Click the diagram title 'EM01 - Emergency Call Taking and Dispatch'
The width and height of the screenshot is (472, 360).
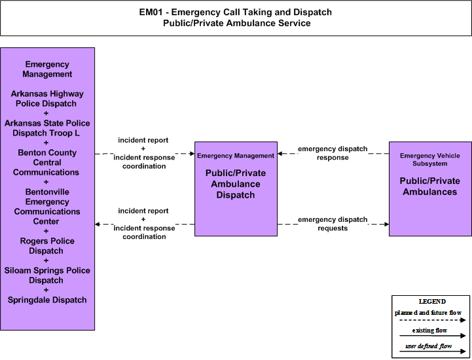[x=236, y=12]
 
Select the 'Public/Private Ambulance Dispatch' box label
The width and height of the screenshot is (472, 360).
[x=236, y=184]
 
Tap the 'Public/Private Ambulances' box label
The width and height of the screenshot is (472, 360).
[x=430, y=187]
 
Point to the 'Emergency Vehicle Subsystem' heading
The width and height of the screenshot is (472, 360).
[x=430, y=160]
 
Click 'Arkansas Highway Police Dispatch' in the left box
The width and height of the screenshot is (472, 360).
[x=47, y=98]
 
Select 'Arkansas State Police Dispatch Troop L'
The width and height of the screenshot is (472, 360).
[x=47, y=128]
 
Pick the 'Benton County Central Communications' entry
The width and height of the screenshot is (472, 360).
[x=46, y=162]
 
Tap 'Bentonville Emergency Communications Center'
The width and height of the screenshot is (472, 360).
[x=47, y=206]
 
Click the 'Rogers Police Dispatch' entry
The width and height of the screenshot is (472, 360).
[x=47, y=245]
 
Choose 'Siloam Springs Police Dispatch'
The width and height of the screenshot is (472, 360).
[x=47, y=275]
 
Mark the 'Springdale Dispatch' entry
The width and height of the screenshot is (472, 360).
[x=47, y=300]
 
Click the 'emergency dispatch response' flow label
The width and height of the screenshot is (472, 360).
[x=333, y=153]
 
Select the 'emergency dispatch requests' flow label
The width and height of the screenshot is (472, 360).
[x=333, y=224]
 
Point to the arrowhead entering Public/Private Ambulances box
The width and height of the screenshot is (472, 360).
[x=386, y=225]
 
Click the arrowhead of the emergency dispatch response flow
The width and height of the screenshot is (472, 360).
[x=280, y=154]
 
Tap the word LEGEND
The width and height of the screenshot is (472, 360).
[x=432, y=301]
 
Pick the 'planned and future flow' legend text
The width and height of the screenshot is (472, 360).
[x=427, y=313]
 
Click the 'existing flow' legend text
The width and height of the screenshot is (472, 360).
[x=429, y=330]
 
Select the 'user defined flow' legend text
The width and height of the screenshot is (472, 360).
[x=428, y=346]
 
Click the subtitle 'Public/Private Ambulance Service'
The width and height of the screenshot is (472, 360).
[x=236, y=23]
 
